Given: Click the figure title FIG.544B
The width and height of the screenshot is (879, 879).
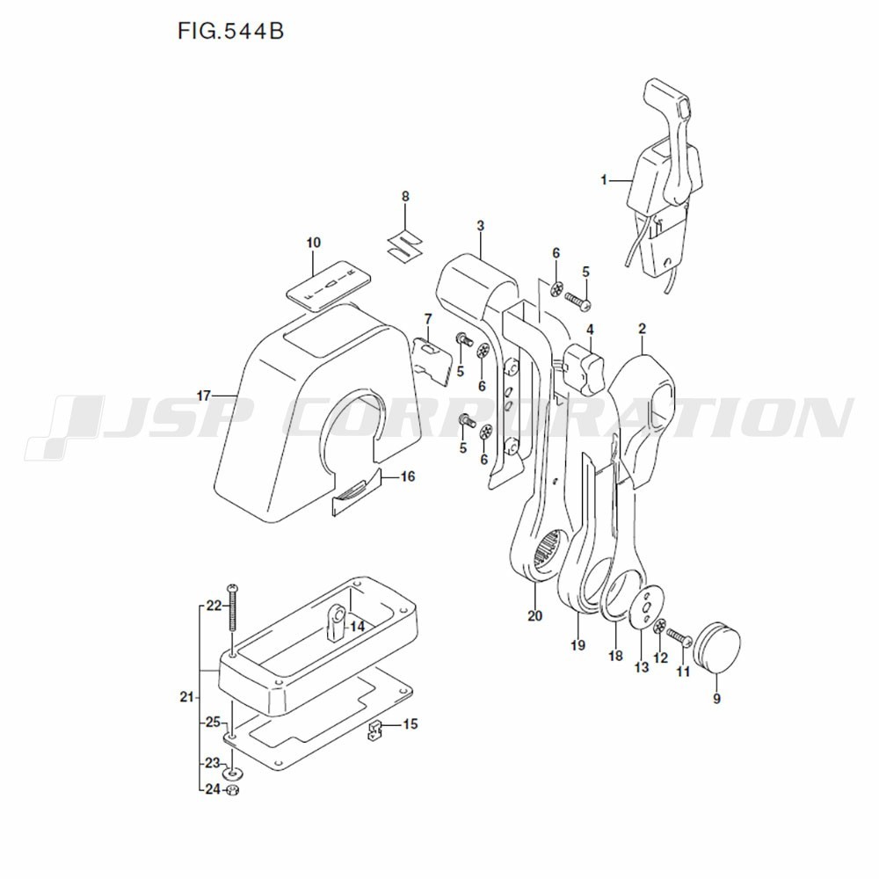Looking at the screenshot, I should click(x=230, y=31).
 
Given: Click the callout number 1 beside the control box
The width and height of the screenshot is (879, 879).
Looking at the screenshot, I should click(x=605, y=180).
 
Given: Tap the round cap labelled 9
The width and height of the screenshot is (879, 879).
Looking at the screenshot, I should click(x=719, y=645).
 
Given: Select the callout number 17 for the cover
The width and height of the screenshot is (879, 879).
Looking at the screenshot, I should click(x=204, y=396).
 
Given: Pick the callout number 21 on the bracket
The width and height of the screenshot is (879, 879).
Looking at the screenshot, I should click(x=185, y=698).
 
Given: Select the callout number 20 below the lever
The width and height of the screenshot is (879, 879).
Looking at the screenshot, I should click(x=535, y=615).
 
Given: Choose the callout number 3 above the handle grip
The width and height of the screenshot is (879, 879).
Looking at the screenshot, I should click(x=481, y=226).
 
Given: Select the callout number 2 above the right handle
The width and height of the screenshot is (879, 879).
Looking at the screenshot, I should click(x=643, y=330).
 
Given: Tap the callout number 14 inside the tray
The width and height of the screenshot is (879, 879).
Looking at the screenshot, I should click(x=357, y=626).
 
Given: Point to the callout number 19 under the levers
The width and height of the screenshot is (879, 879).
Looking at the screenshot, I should click(x=578, y=644).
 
